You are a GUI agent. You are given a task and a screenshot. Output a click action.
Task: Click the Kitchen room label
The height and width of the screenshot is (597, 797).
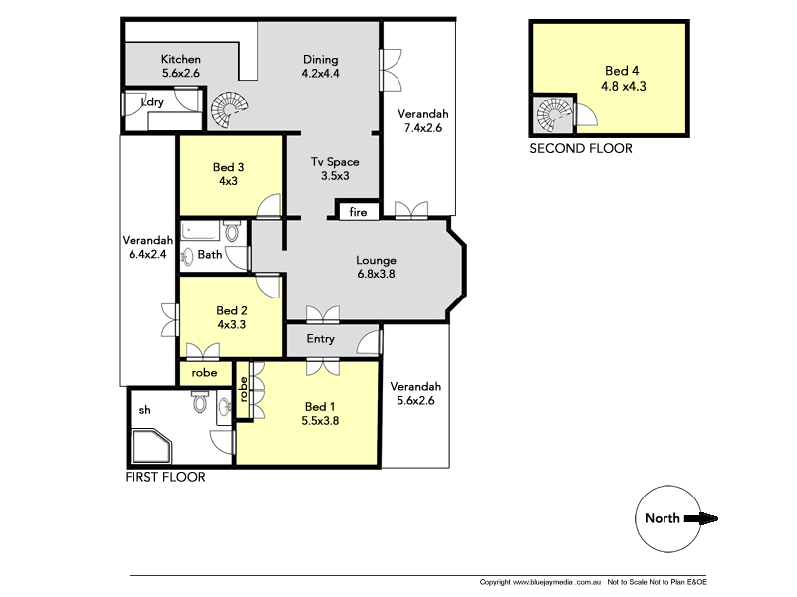click(181, 66)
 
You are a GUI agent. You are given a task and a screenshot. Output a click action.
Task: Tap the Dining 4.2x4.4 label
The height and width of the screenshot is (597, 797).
click(320, 66)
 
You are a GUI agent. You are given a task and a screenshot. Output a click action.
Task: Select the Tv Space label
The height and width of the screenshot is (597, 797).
click(334, 169)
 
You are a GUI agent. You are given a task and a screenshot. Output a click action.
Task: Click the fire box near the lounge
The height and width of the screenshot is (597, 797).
click(358, 212)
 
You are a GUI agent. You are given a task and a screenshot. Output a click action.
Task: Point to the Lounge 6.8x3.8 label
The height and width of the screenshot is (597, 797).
click(376, 268)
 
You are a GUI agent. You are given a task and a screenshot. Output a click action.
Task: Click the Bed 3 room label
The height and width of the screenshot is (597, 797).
click(229, 174)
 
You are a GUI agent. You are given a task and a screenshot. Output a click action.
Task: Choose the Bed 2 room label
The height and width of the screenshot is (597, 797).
click(231, 317)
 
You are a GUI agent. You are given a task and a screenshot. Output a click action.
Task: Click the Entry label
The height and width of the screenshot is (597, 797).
click(320, 340)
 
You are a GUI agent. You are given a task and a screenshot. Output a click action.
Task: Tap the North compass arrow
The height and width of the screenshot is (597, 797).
click(706, 517)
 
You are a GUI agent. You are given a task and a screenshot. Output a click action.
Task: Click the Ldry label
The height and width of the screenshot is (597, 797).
click(153, 102)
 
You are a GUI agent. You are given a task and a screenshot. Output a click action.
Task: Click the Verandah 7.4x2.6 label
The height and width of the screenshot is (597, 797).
click(422, 120)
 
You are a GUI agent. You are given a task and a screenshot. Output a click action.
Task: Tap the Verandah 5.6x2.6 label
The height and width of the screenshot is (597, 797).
click(415, 394)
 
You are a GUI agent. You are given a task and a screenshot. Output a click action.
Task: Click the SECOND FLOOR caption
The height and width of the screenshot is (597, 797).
click(580, 149)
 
